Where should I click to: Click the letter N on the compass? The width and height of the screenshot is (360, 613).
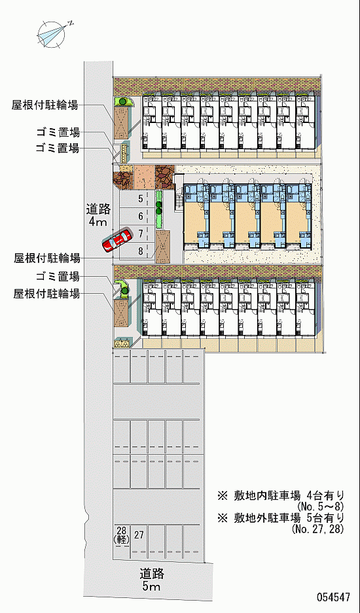(x=71, y=23)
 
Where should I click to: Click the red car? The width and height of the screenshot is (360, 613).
(x=117, y=239)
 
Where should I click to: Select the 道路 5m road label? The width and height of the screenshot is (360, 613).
(x=152, y=580)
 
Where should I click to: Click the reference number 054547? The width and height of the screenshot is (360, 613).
(x=333, y=597)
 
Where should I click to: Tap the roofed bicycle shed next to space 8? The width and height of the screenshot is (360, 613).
(x=163, y=247)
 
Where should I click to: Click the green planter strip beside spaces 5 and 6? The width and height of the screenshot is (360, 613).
(x=158, y=209)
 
